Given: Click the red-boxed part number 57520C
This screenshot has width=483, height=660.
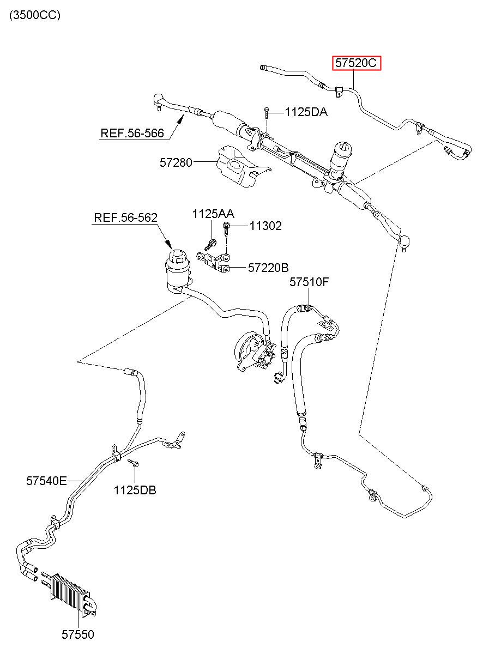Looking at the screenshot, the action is tap(356, 63).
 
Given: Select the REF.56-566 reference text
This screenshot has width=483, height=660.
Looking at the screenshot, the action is tap(132, 133).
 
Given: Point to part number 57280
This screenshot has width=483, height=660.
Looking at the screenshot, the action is tap(176, 162).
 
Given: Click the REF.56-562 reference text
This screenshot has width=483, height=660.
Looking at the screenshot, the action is tap(125, 218).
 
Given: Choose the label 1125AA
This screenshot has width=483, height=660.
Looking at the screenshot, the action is tap(213, 214).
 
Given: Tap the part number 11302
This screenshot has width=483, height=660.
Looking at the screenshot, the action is tap(265, 226).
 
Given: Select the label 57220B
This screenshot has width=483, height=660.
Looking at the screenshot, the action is tap(268, 268).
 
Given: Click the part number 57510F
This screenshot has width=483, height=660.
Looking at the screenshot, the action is tap(309, 282).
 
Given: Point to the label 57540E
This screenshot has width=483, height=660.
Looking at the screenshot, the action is tap(46, 481).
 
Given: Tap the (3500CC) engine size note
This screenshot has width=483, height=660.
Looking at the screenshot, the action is tap(35, 15).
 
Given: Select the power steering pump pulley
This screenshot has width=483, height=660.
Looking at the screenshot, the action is tap(247, 349).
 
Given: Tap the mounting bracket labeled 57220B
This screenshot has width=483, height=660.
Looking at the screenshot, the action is tap(214, 261).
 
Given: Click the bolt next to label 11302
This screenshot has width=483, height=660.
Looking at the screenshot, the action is tap(226, 229).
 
